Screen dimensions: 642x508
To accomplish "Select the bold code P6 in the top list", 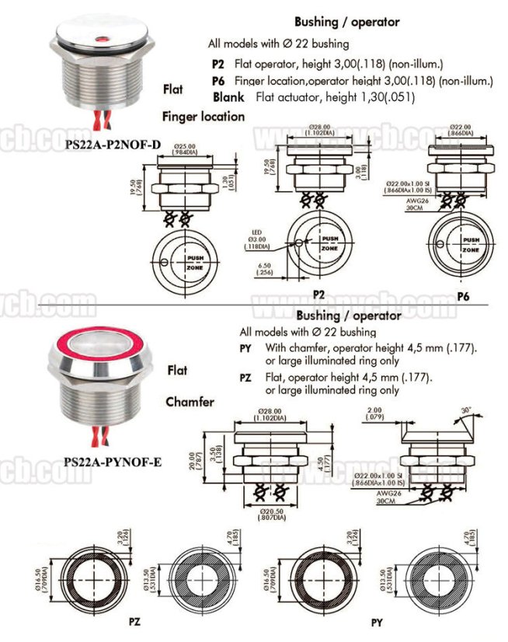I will coord(217,81).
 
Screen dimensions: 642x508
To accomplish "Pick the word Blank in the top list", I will coord(229,97).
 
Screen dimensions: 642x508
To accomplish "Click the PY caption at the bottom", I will coord(377,623).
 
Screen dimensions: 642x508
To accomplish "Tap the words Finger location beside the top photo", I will coord(204,117).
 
